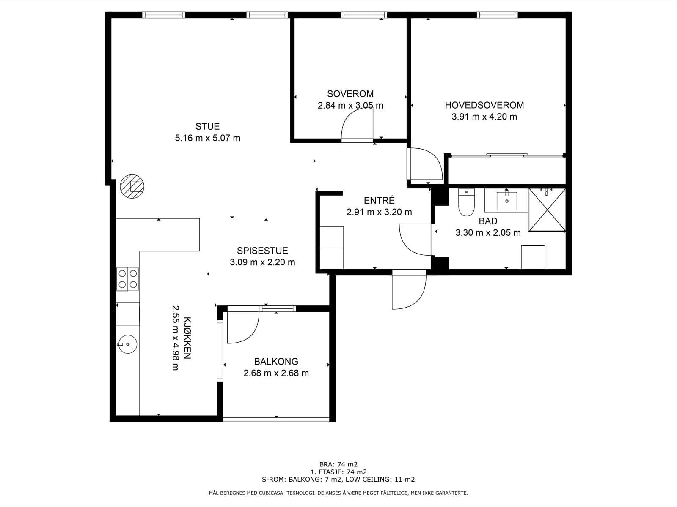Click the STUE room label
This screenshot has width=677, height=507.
coord(207,126)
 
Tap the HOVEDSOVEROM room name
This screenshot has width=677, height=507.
coord(484,105)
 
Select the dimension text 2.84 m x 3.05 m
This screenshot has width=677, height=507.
coord(350,106)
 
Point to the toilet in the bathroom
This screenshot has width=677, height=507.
coord(466,202)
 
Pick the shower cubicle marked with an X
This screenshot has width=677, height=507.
coord(547,210)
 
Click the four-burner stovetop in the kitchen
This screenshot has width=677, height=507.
coord(127,279)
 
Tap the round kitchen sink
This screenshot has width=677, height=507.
coord(127,344)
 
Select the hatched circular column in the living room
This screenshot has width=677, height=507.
coord(132,186)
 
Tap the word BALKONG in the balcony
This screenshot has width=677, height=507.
coord(276,361)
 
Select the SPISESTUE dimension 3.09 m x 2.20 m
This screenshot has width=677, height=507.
coord(262,262)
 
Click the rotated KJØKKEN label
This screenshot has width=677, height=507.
coord(187,338)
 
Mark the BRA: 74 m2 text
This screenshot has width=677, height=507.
coord(338,464)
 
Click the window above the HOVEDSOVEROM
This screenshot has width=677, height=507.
coord(497,15)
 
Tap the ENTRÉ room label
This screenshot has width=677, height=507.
coord(379,200)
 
